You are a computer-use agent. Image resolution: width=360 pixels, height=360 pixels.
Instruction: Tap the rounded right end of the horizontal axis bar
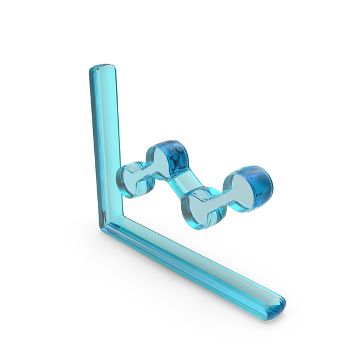click(x=278, y=304)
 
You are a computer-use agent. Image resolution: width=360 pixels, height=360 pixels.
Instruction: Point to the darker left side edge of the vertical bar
click(x=94, y=144)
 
